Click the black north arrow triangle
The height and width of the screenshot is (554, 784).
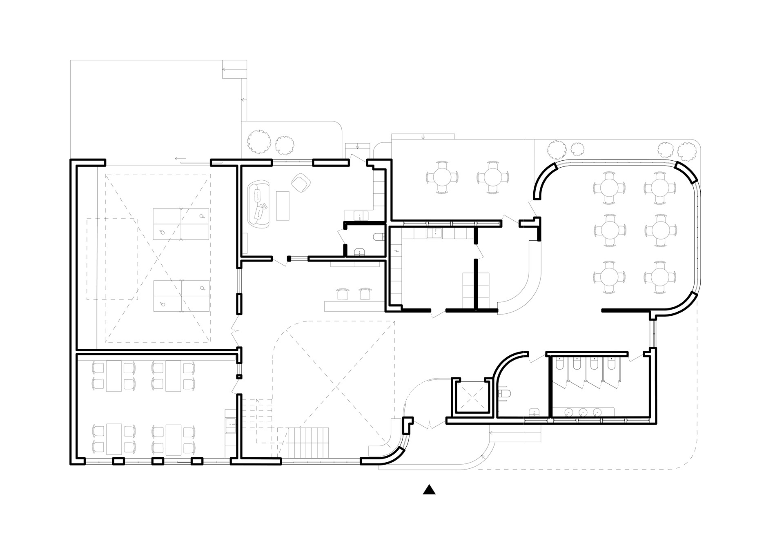(429, 490)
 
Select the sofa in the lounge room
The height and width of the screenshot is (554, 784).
(260, 204)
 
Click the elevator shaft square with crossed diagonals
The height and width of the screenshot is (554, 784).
(472, 395)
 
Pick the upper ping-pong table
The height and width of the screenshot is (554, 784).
(181, 224)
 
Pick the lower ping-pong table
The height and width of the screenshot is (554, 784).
(181, 296)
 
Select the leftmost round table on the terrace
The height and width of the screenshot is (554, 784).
(442, 177)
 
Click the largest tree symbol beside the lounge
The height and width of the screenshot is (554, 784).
(259, 141)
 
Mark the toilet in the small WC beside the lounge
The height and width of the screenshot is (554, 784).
(378, 237)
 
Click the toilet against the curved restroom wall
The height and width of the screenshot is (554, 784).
(505, 394)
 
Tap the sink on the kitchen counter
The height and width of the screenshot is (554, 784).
(434, 233)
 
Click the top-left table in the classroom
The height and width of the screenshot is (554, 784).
(114, 376)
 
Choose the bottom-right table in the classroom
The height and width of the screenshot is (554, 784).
(173, 439)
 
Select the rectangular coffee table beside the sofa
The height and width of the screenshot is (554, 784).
(283, 206)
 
